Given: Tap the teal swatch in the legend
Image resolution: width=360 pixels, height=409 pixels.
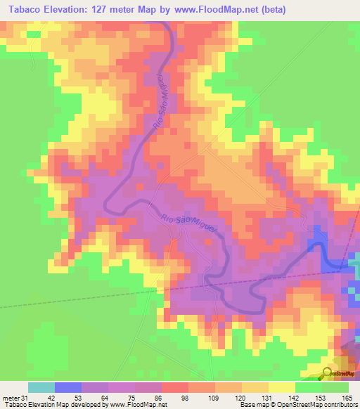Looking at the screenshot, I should click(x=41, y=387).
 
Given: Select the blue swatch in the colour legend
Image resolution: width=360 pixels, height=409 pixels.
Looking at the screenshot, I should click(x=68, y=387).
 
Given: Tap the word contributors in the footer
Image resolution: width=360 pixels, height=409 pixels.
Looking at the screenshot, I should click(x=338, y=404).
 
